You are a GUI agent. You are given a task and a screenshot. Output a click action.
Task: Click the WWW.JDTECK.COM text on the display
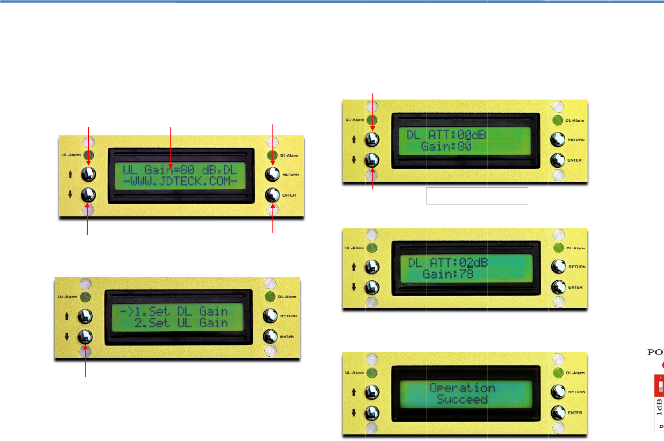180,181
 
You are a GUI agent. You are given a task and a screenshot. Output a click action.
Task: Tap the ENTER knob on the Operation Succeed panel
558,412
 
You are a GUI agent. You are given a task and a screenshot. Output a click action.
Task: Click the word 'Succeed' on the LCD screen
462,399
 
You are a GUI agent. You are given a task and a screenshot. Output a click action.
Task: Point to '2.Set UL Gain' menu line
181,323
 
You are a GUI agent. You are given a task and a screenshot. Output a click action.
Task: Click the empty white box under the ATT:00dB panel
477,196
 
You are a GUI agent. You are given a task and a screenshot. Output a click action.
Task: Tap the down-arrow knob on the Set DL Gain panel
85,337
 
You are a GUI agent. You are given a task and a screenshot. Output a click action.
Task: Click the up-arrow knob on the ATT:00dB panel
372,139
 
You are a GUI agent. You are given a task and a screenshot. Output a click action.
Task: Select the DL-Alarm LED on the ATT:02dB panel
558,248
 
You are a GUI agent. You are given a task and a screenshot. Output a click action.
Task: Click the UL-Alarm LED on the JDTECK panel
89,155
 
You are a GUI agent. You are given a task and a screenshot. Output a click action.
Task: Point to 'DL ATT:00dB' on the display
446,135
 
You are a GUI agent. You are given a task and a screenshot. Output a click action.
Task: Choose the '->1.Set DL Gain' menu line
174,311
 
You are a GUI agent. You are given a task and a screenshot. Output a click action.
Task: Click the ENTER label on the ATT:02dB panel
575,288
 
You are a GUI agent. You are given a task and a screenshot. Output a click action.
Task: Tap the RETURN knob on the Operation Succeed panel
558,392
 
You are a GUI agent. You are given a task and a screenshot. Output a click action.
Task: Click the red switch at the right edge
659,386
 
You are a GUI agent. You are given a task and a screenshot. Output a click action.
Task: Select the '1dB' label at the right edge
659,407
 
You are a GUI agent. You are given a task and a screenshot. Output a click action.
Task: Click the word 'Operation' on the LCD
462,388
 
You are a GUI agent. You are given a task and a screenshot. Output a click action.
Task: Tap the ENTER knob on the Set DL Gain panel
270,337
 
